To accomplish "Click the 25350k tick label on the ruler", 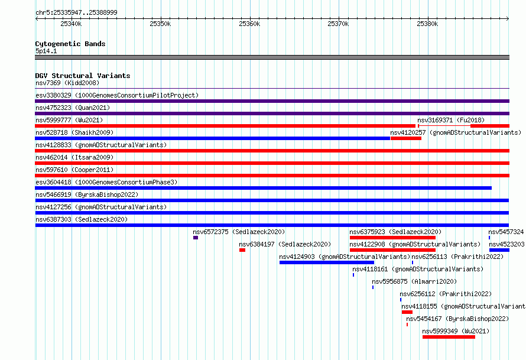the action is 160,24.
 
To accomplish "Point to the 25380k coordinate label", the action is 427,24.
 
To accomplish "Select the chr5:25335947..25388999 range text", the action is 76,13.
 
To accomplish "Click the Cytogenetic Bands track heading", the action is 70,44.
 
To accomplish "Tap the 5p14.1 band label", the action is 46,51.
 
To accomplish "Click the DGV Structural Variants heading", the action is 83,76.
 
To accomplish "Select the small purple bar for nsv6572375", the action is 196,238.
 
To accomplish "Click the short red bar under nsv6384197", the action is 242,250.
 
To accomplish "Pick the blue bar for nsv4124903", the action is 327,262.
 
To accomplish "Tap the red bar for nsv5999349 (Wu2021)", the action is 449,337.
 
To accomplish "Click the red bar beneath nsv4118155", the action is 407,312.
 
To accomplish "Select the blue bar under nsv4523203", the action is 499,250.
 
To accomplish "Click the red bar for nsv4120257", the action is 406,138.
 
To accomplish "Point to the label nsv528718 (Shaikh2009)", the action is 74,132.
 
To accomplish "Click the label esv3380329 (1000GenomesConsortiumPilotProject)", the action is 117,95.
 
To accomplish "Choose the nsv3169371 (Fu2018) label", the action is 451,120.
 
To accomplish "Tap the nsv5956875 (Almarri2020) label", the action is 414,281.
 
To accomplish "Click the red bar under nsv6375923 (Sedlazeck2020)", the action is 392,238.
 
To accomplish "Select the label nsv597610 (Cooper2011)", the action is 74,170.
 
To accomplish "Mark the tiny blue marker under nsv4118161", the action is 353,275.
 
